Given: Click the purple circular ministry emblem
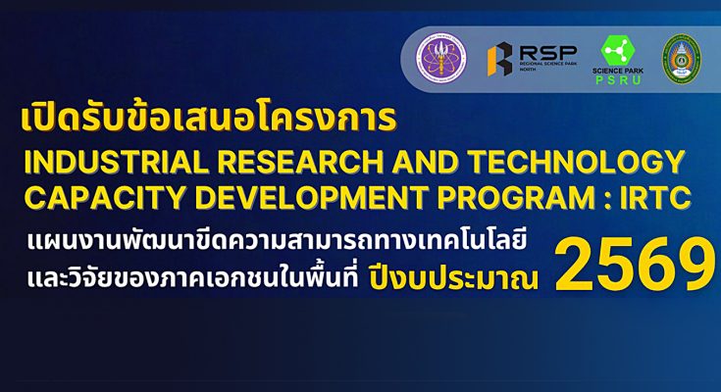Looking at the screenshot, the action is pos(441,58).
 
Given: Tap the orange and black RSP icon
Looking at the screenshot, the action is pos(500,59).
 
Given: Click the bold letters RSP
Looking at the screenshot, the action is pos(548,52).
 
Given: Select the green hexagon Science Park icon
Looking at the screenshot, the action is pos(618,51).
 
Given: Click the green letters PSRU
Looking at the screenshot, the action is pos(618,80).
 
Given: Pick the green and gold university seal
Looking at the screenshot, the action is pos(682,59).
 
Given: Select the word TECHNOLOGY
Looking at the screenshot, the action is pos(577,163).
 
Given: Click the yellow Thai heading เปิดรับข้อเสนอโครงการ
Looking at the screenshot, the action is pos(208,120).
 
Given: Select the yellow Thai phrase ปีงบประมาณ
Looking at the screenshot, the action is pos(453,278).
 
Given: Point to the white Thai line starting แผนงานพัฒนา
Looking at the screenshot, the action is pos(277,242).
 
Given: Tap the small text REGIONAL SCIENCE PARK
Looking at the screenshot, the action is pos(548,64).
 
